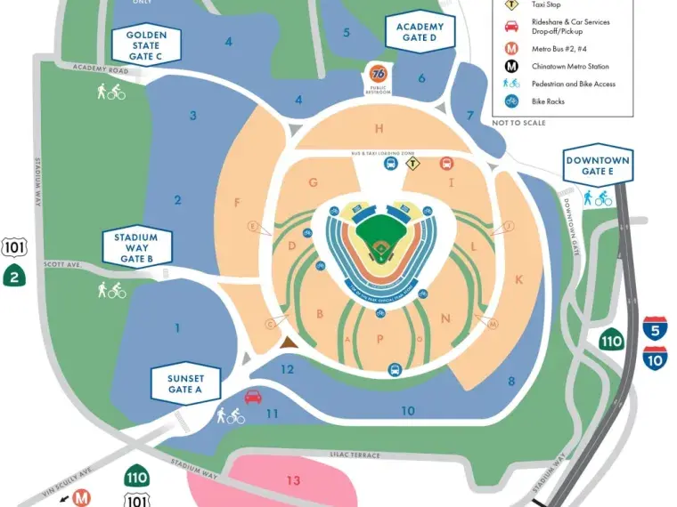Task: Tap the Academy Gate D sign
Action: point(420,33)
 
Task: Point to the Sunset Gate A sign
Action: point(185,383)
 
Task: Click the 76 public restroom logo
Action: point(378,73)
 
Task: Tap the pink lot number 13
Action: point(293,480)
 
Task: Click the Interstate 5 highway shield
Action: point(657,327)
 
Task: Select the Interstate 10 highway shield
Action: point(657,358)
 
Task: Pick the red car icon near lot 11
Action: point(254,397)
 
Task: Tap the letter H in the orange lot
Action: point(379,128)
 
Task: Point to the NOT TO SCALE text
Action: point(518,123)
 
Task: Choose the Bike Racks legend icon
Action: point(512,101)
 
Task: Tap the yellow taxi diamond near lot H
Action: point(412,163)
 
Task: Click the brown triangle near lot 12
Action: point(288,342)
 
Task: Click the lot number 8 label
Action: point(511,382)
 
